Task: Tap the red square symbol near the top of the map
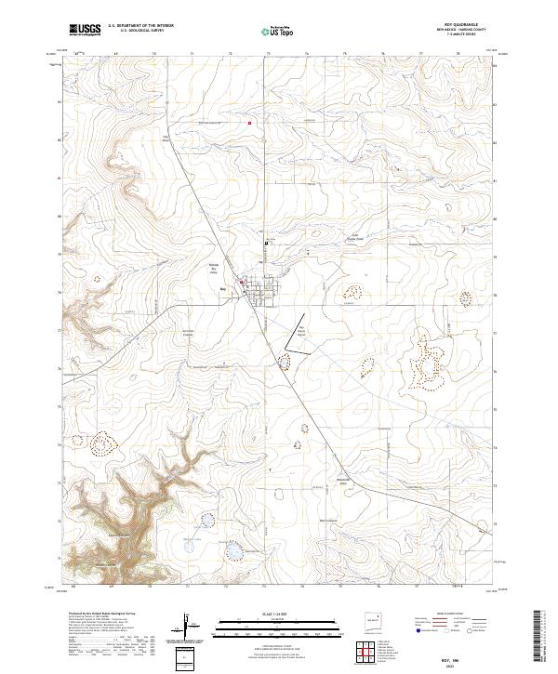(249, 123)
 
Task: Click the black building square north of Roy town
(267, 244)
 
